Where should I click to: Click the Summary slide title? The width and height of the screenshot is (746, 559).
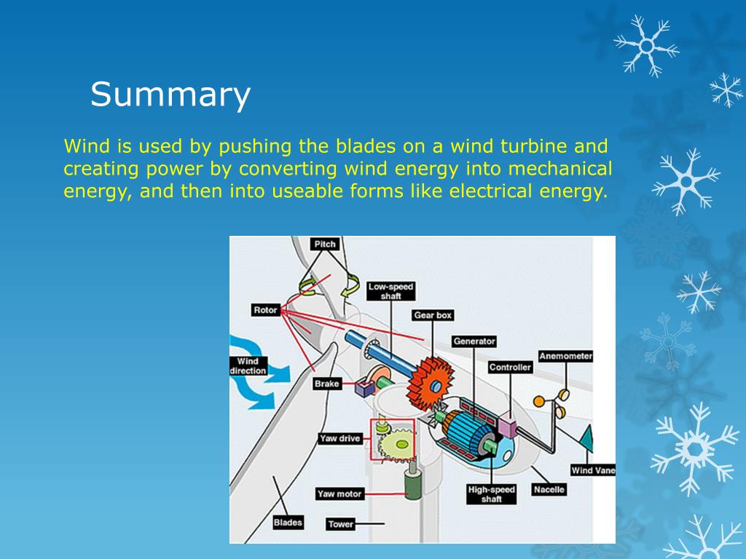coord(170,95)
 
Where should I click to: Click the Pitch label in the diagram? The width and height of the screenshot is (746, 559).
coord(325,244)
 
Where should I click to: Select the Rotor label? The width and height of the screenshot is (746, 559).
coord(265,310)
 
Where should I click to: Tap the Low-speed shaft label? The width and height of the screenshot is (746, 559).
coord(390,291)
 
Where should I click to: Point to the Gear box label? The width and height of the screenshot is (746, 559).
coord(433,315)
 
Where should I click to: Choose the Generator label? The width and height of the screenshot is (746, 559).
coord(474,341)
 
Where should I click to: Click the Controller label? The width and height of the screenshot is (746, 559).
coord(510,368)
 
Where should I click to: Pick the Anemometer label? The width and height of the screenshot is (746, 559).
coord(565,357)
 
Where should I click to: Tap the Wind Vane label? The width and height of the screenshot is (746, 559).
coord(592,470)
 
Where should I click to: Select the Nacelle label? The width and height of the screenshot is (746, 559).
coord(549,490)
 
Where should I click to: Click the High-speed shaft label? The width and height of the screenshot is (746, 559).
coord(491,494)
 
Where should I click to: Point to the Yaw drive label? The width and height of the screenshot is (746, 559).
coord(340,439)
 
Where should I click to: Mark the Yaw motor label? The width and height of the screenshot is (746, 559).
coord(339,494)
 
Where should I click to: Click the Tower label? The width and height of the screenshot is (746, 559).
coord(340,524)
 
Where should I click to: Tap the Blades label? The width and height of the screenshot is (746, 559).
coord(288,522)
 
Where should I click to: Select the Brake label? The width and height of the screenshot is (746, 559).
coord(327,384)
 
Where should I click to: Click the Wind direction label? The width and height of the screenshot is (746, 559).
coord(248,366)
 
